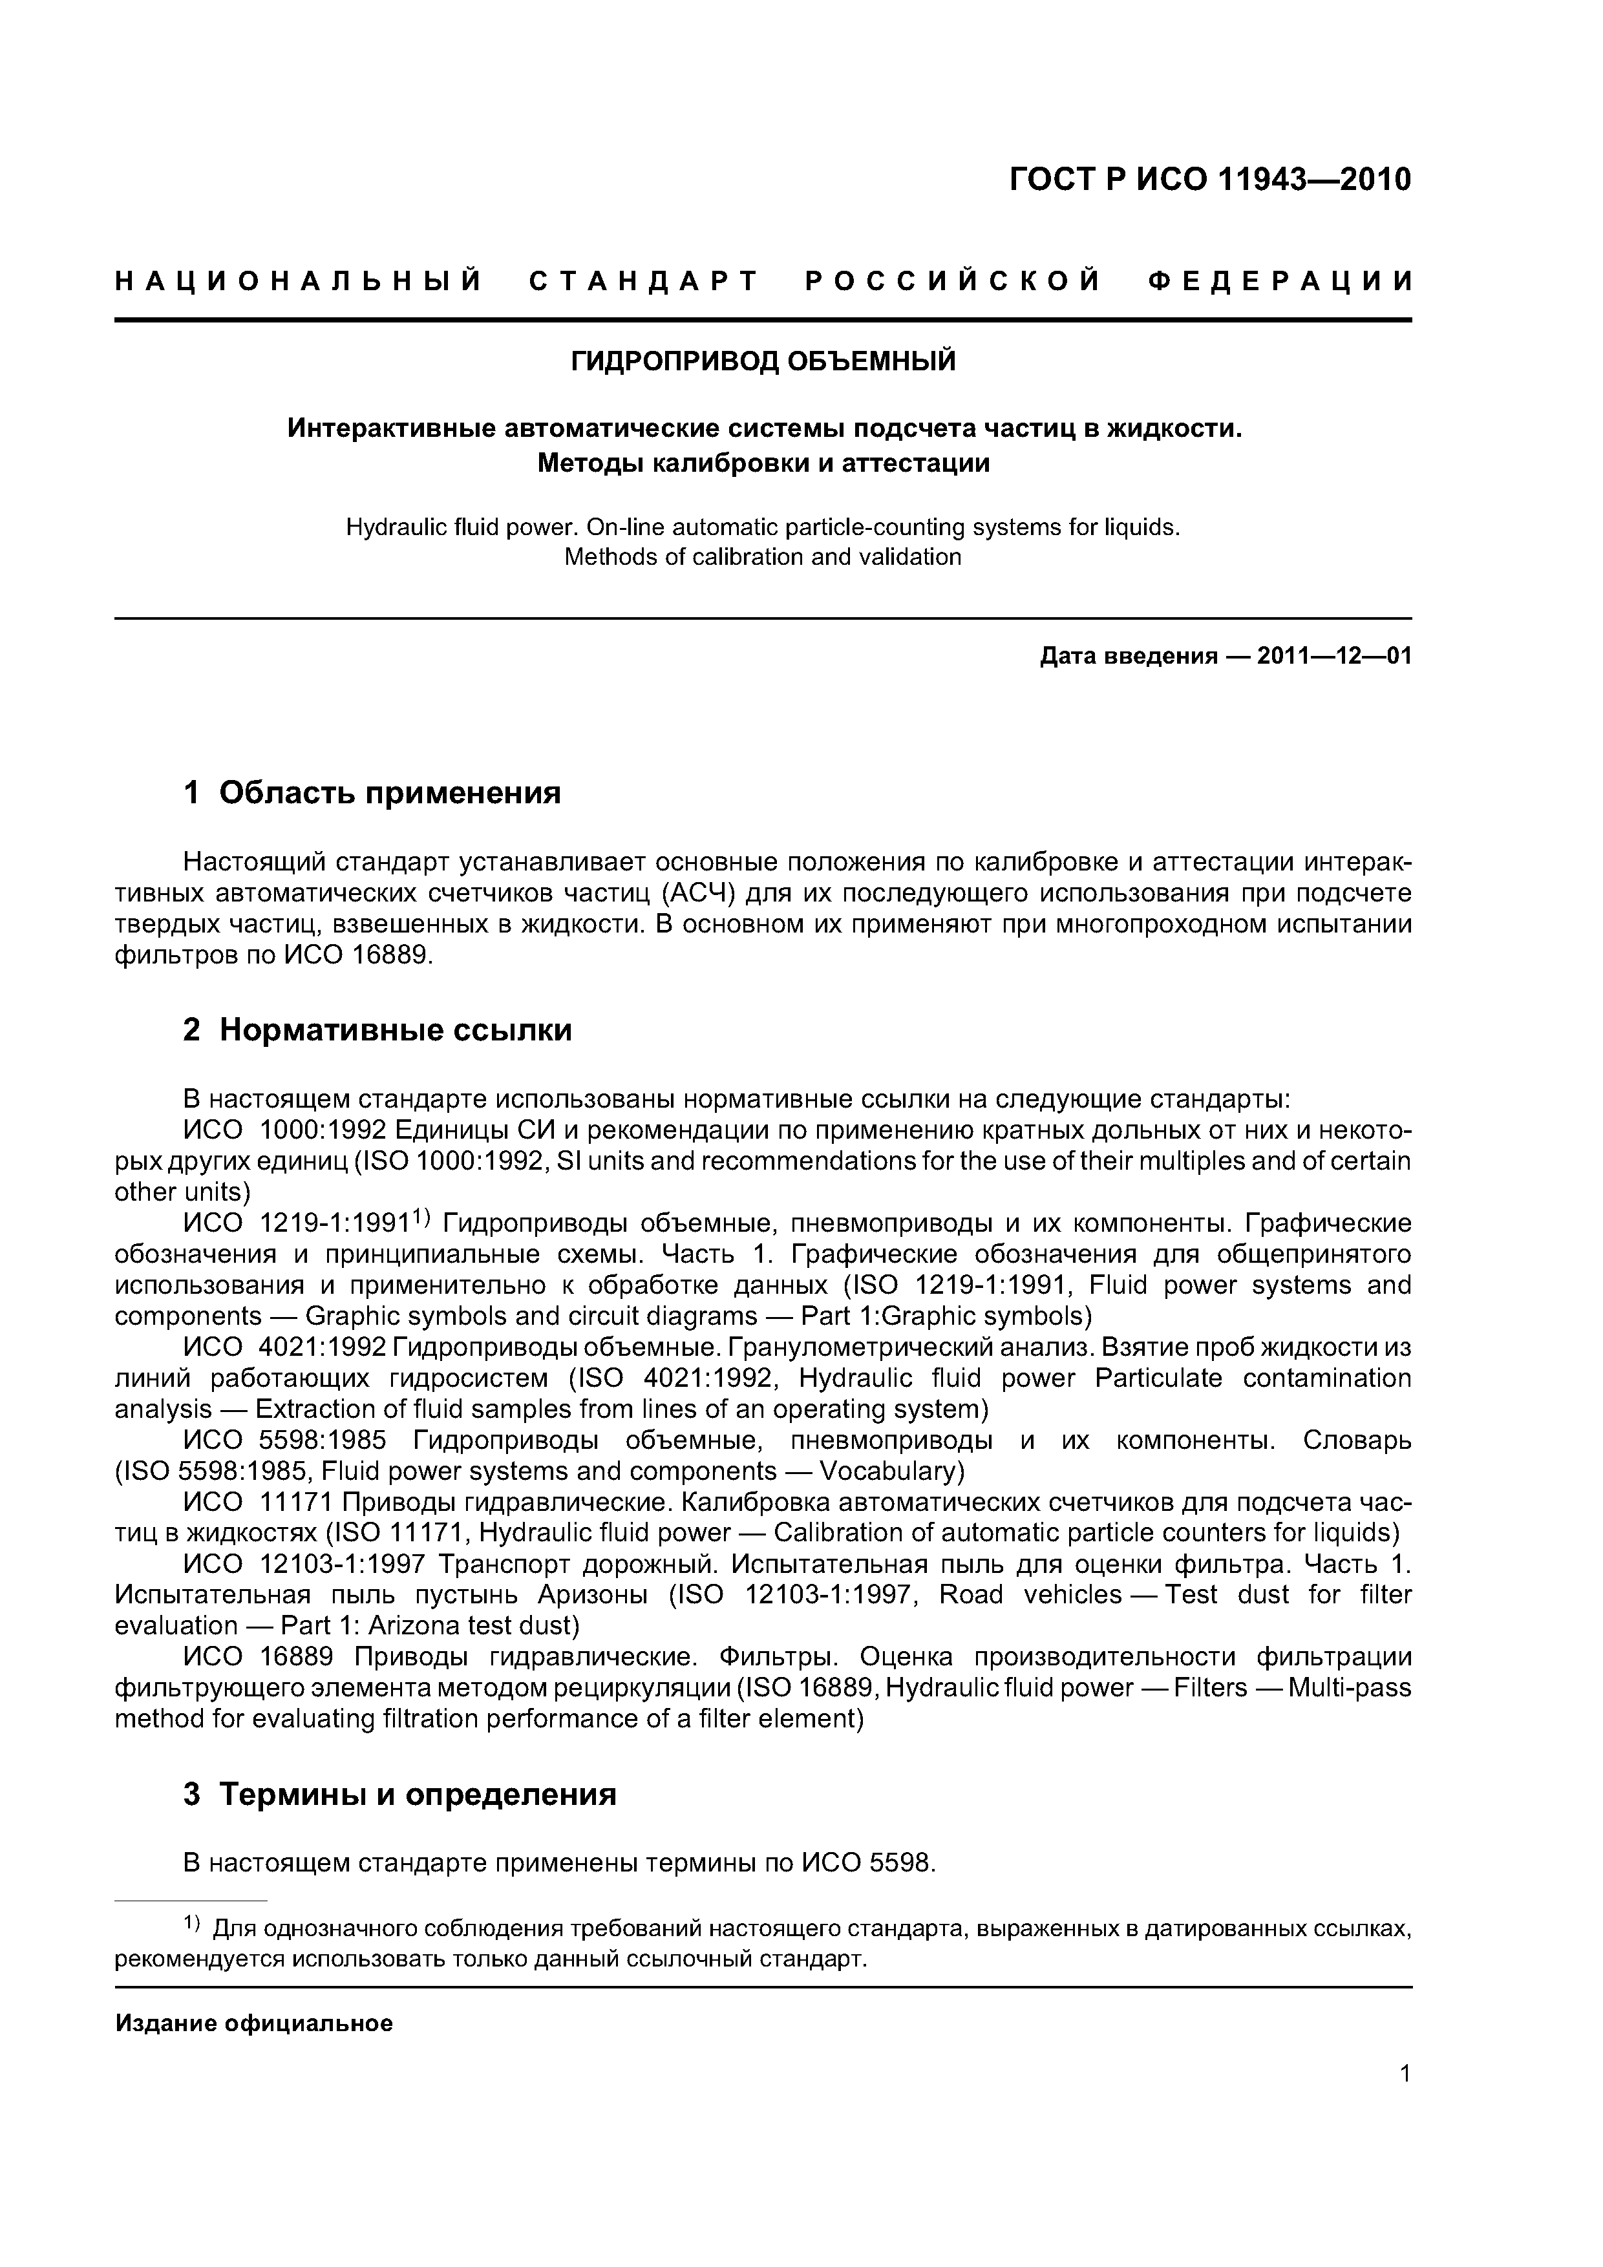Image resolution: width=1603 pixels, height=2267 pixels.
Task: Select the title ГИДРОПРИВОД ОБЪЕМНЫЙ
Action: click(763, 361)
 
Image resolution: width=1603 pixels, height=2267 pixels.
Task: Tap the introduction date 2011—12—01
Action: click(1334, 656)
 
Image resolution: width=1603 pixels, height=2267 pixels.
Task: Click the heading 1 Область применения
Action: click(372, 792)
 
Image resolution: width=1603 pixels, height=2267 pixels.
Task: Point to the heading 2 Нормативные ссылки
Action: click(377, 1030)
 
